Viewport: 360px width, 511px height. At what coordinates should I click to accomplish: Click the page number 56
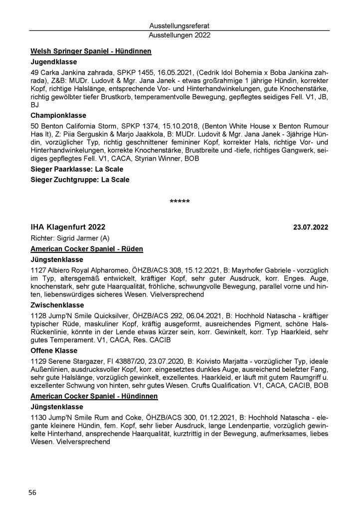pos(32,493)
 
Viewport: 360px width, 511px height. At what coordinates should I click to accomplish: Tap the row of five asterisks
pos(180,202)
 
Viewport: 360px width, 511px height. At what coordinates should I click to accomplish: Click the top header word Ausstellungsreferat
pos(180,25)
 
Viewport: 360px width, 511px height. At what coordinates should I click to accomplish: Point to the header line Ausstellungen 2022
pos(180,35)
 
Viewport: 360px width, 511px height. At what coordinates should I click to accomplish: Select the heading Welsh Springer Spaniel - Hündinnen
pos(91,51)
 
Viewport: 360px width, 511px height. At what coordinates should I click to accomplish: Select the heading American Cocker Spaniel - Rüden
pos(87,249)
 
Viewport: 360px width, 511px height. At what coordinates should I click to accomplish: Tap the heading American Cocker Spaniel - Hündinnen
pos(94,396)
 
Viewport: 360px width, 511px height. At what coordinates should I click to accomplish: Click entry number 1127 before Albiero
pos(38,270)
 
